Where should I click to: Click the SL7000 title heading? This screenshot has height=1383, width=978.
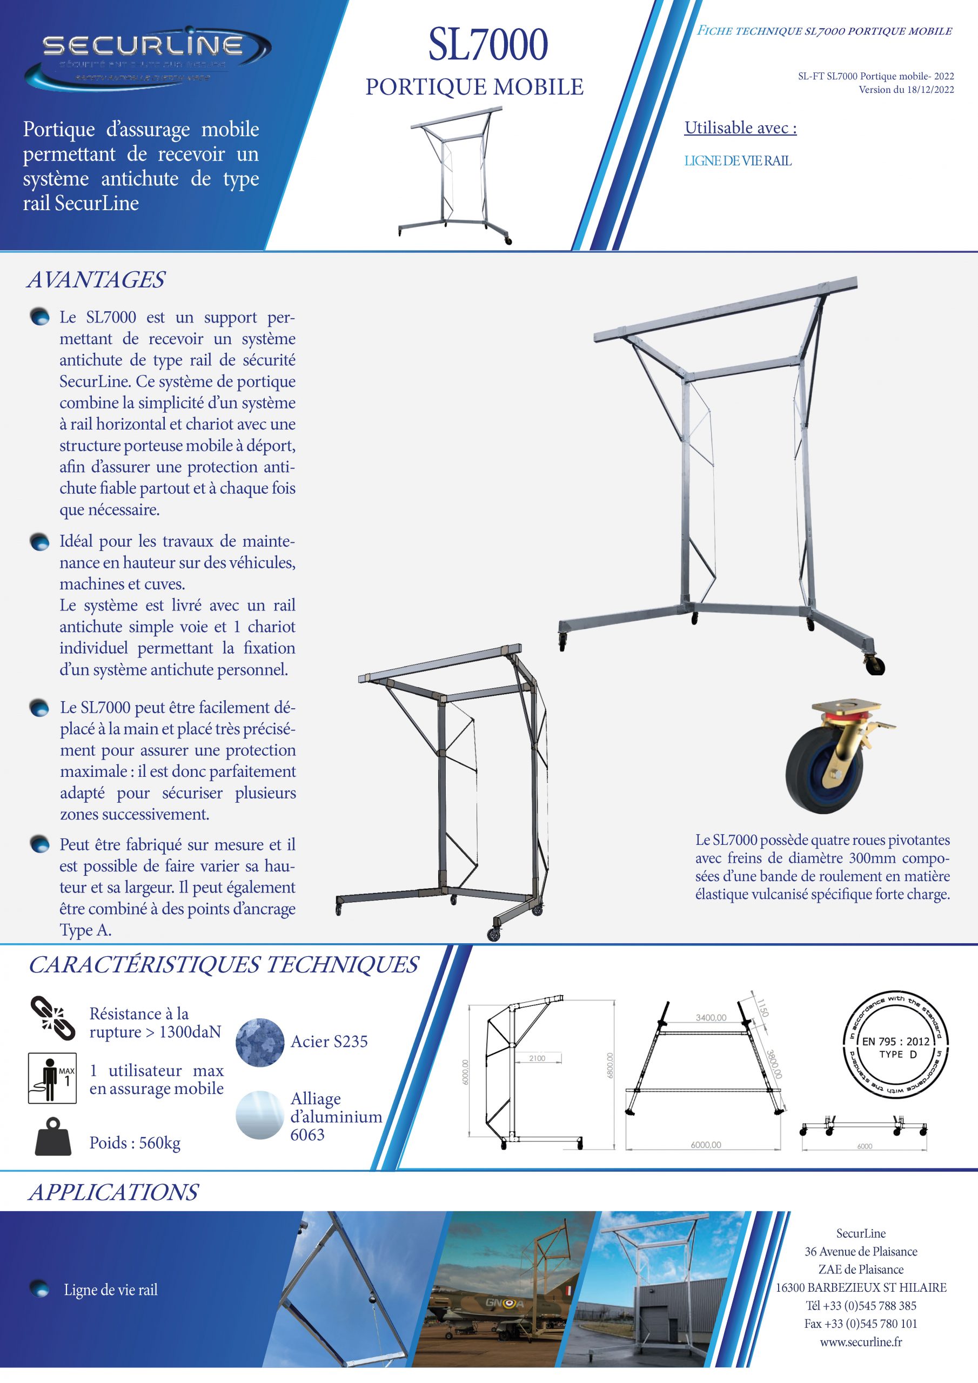487,45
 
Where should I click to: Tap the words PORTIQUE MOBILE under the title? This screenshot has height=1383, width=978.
474,88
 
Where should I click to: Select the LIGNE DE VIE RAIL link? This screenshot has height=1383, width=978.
738,161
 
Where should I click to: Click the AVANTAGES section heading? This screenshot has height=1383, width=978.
96,280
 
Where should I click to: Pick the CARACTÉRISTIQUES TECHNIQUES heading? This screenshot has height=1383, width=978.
223,964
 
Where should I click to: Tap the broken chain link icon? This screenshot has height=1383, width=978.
53,1018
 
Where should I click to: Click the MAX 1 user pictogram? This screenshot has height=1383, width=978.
52,1078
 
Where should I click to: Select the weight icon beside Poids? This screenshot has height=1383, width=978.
53,1137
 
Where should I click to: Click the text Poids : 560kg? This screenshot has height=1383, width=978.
135,1143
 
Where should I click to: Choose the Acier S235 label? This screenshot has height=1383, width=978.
329,1042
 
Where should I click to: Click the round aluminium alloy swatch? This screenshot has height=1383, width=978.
260,1115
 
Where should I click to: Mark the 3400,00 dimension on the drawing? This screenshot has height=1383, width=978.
711,1018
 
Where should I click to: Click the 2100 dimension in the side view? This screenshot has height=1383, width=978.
537,1058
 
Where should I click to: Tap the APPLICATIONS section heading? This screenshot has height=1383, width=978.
113,1192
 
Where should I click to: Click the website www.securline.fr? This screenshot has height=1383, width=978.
861,1342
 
